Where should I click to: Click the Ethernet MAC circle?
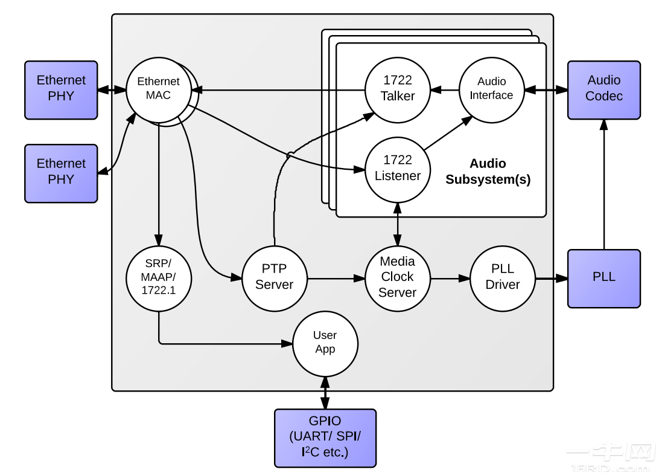158,89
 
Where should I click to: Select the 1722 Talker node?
398,89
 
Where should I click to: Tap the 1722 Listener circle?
398,169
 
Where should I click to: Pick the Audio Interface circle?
491,89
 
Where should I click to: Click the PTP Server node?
275,277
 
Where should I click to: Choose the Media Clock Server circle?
398,277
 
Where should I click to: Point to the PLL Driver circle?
503,277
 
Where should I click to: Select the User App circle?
325,343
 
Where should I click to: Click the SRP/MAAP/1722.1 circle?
159,277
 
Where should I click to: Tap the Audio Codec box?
603,89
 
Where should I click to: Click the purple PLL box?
603,278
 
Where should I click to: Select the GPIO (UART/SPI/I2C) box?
325,438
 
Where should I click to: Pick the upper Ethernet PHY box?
61,89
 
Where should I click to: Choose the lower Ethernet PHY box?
61,173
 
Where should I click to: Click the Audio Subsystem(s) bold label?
488,172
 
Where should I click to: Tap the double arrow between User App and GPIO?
325,393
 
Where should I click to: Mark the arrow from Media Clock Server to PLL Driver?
450,278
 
